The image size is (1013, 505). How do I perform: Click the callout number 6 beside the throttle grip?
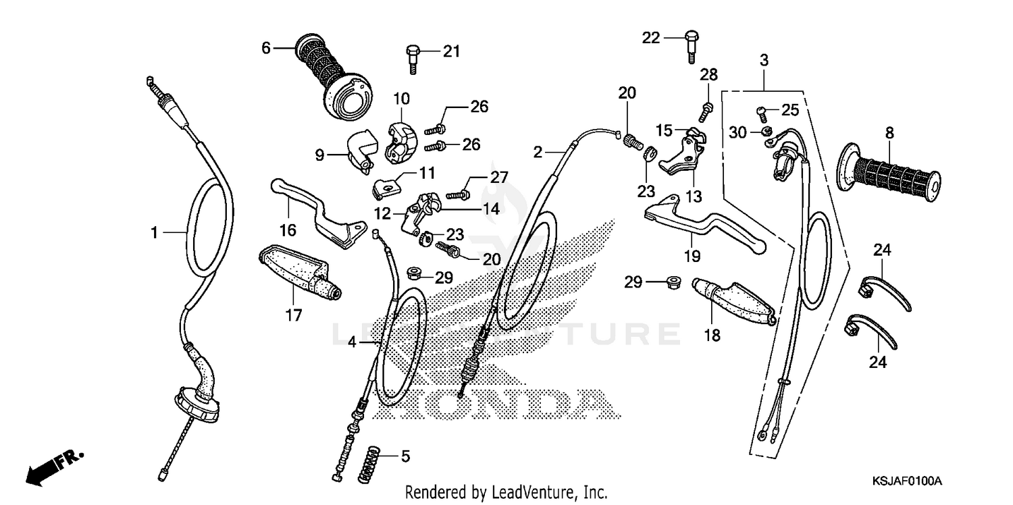[x=265, y=48]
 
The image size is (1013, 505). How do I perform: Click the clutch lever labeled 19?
[x=702, y=223]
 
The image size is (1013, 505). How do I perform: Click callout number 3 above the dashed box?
[x=763, y=60]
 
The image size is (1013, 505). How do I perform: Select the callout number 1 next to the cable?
[x=154, y=233]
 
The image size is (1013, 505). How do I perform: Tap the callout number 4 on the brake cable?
[x=352, y=342]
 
